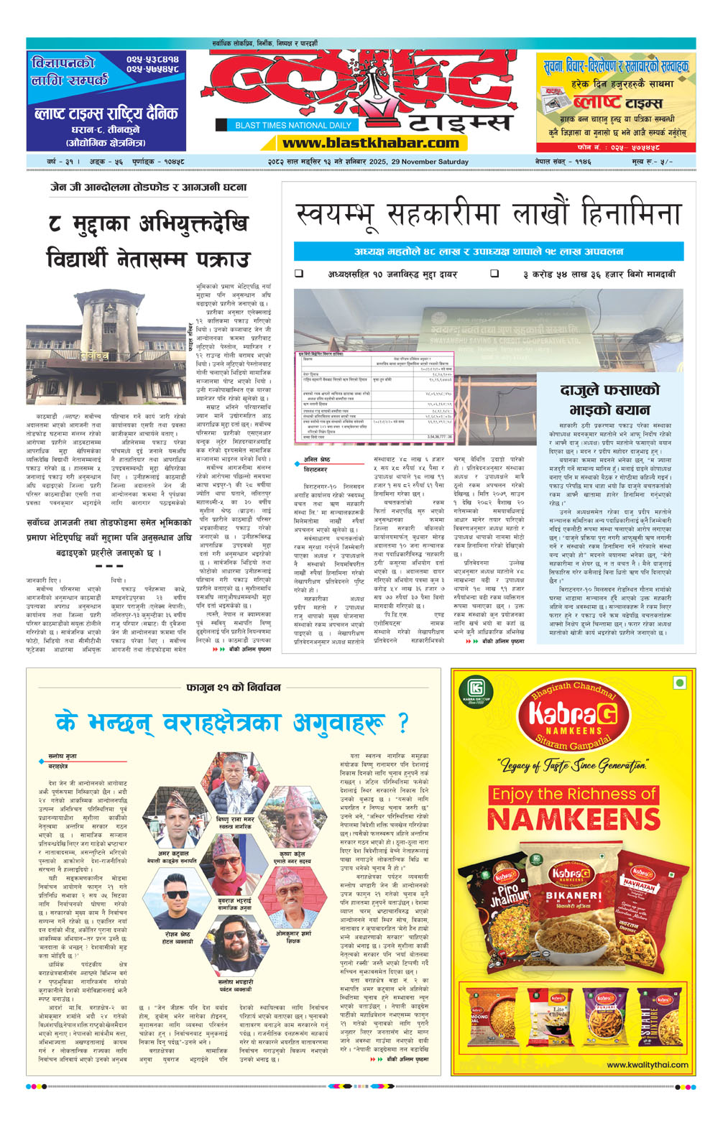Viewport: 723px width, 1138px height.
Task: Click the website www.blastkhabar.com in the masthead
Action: [370, 143]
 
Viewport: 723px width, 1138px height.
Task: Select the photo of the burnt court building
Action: [109, 348]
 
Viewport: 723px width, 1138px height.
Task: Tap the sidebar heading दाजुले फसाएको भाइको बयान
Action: [609, 400]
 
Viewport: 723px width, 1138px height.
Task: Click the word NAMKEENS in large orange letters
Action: [574, 819]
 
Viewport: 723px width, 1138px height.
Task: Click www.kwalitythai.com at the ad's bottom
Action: [647, 1065]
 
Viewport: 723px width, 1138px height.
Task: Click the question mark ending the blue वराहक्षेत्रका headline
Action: [402, 722]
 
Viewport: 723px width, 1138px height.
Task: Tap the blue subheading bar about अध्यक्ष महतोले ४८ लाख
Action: [488, 251]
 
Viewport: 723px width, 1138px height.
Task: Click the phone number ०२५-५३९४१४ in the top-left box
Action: [152, 59]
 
